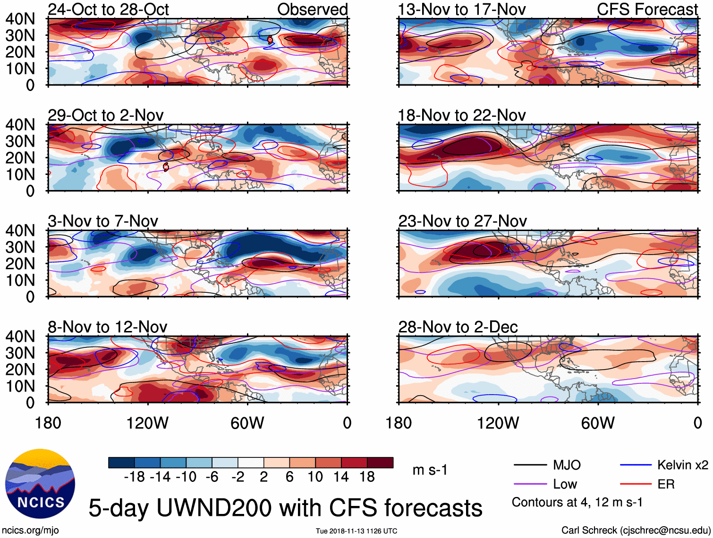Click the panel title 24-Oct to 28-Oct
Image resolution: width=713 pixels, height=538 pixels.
click(108, 9)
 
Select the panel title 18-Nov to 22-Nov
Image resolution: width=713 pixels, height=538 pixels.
click(461, 116)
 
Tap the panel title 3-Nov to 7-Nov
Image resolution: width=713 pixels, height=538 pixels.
click(102, 221)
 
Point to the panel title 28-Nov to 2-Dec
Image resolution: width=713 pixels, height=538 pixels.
click(458, 327)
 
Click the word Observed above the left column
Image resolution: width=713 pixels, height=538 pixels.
click(312, 9)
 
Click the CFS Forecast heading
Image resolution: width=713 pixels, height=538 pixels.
click(647, 9)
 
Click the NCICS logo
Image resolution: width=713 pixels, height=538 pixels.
click(40, 484)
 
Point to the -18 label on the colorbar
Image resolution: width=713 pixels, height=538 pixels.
click(134, 477)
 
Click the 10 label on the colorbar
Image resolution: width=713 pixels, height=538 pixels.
click(315, 477)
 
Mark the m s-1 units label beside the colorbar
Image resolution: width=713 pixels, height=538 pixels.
click(430, 470)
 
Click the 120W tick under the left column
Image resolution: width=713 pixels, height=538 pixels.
click(147, 423)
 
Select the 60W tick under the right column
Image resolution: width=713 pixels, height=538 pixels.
click(598, 423)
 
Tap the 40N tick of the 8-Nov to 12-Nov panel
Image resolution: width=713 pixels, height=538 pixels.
click(20, 337)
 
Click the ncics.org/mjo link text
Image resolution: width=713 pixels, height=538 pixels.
click(30, 530)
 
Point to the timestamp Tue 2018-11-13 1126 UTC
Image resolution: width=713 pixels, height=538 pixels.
click(356, 531)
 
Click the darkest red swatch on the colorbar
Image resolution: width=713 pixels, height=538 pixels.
click(380, 463)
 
